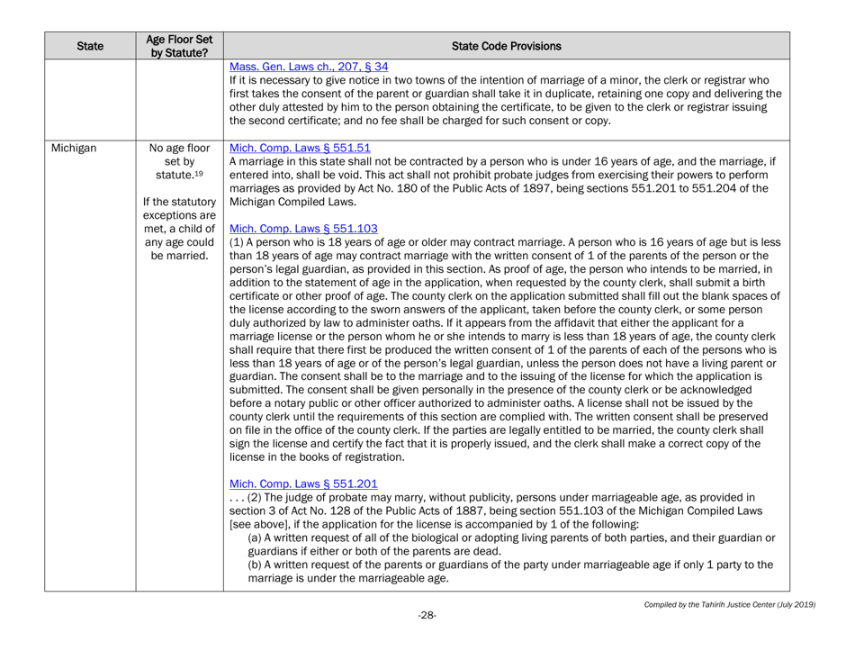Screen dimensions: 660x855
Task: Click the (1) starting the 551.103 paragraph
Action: (x=239, y=244)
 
